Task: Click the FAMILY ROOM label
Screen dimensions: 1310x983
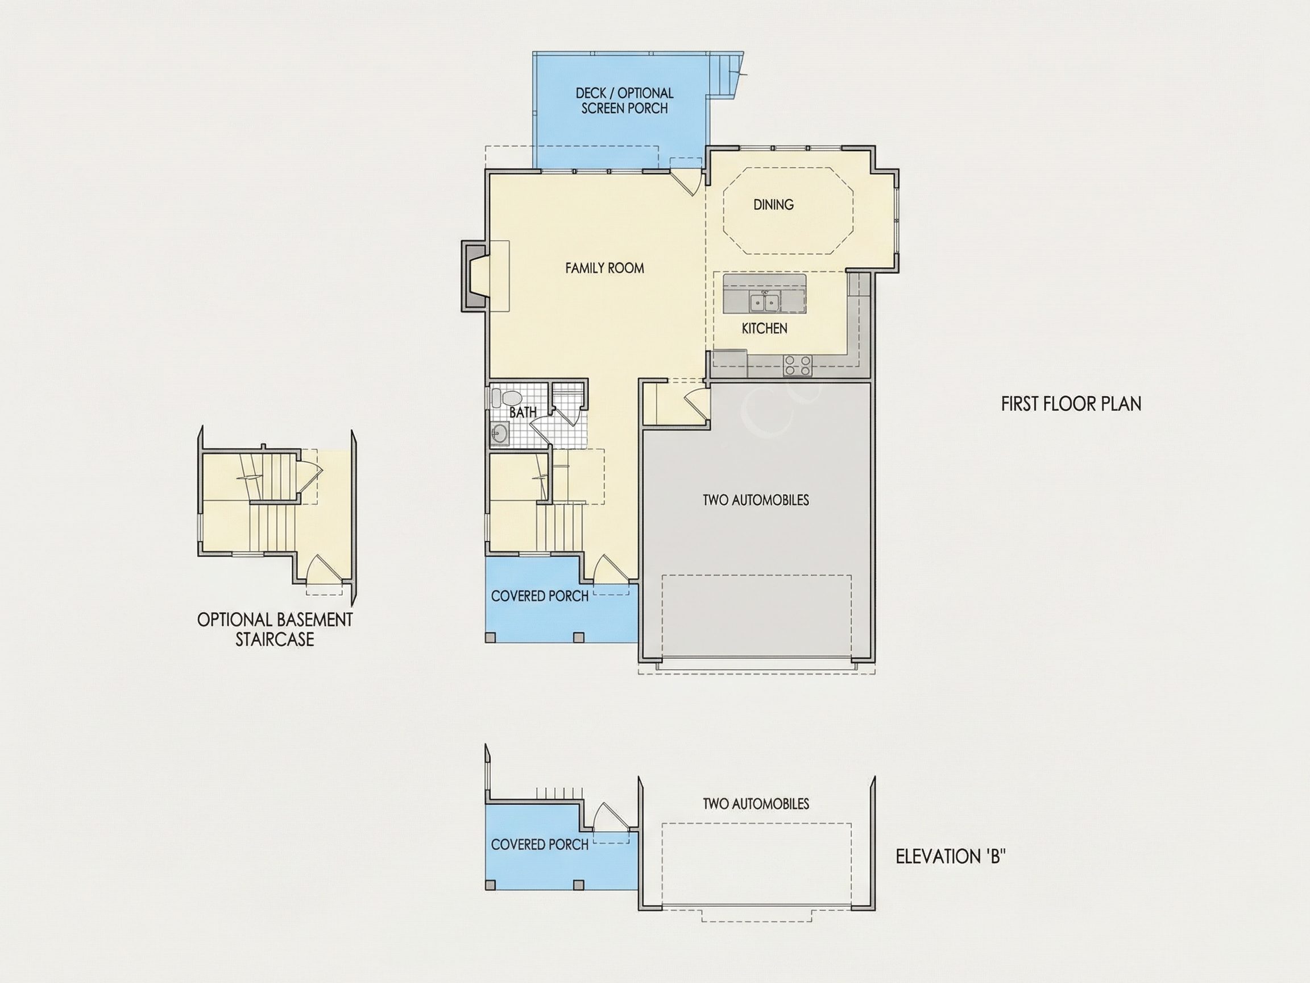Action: pos(604,269)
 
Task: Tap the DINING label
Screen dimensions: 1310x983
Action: pos(773,205)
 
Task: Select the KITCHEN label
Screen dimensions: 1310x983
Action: pos(765,328)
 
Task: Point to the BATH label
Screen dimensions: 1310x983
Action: pos(523,412)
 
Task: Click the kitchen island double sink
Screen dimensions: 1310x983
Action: pos(764,302)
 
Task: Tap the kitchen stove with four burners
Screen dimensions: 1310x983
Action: pos(798,365)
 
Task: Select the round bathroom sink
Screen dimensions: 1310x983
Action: pos(499,433)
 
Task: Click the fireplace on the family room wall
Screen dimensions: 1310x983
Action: pos(475,275)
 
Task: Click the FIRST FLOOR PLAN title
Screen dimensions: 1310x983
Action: pos(1071,404)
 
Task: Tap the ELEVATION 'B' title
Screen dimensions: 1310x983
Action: pos(951,857)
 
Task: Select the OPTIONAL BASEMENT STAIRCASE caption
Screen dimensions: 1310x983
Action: pos(275,629)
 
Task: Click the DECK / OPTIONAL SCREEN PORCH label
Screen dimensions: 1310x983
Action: pos(625,101)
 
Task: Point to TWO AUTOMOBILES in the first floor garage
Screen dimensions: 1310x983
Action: pos(756,500)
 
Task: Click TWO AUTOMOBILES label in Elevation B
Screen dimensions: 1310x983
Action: pos(756,804)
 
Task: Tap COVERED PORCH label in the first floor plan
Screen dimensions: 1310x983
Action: pos(540,596)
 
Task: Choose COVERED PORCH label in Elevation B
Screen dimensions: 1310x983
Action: pos(540,845)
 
